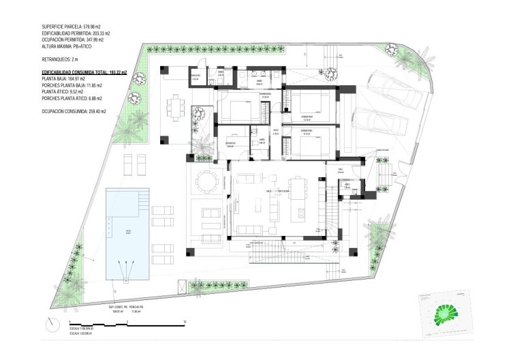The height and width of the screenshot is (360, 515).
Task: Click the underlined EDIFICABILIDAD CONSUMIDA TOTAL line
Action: coord(84,72)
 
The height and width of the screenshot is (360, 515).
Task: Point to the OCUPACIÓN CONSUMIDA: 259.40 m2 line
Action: coord(74,110)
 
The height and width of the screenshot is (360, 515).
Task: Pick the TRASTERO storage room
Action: coord(196,76)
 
